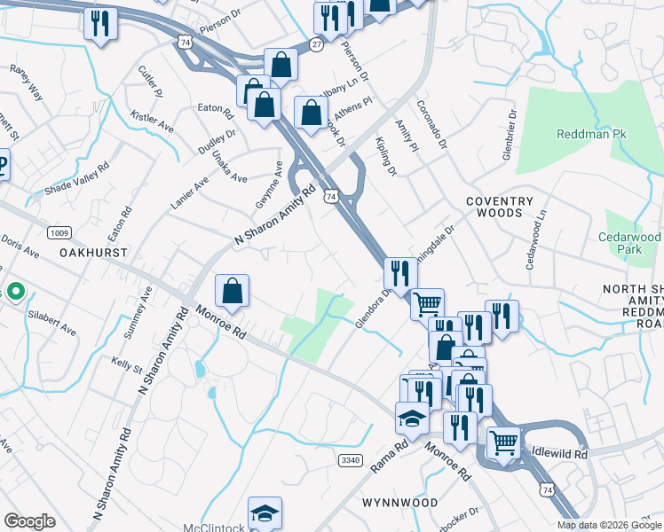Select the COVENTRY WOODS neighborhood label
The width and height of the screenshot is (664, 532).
click(500, 207)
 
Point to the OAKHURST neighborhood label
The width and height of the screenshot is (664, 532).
click(93, 253)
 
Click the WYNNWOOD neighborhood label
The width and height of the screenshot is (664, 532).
click(400, 503)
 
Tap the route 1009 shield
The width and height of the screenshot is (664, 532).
click(59, 233)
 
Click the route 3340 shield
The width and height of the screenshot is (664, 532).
click(350, 458)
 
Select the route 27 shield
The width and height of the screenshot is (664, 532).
click(317, 43)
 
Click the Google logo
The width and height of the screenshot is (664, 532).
click(29, 521)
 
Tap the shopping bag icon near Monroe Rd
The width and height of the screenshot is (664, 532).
click(232, 291)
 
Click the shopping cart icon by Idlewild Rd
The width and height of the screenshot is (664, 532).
click(503, 442)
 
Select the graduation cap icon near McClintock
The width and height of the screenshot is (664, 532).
click(265, 512)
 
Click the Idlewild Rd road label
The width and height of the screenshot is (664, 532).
click(560, 453)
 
